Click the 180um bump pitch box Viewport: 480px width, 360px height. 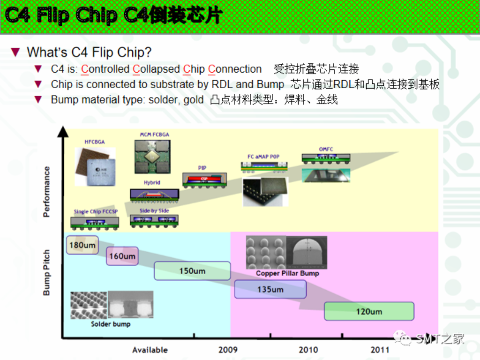click(82, 245)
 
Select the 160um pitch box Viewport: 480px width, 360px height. click(122, 256)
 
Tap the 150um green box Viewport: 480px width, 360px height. click(192, 271)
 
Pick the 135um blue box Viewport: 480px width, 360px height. click(270, 289)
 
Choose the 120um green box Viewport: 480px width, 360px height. click(369, 311)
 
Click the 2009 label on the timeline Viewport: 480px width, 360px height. click(228, 350)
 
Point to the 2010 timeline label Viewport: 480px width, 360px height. click(308, 350)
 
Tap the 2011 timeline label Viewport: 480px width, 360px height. click(380, 350)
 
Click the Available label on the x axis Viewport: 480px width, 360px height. click(150, 350)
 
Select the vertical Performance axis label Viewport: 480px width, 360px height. click(46, 191)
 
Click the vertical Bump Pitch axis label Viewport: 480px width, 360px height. click(46, 273)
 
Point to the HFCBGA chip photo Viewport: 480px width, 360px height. click(95, 166)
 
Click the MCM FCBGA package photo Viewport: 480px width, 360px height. click(153, 157)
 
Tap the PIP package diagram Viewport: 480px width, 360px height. click(202, 180)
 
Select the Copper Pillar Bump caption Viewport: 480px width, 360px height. click(287, 273)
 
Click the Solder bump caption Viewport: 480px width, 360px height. click(111, 324)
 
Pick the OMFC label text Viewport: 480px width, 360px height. click(326, 149)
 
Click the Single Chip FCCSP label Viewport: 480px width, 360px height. click(96, 212)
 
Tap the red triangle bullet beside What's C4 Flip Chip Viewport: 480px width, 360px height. click(15, 52)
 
